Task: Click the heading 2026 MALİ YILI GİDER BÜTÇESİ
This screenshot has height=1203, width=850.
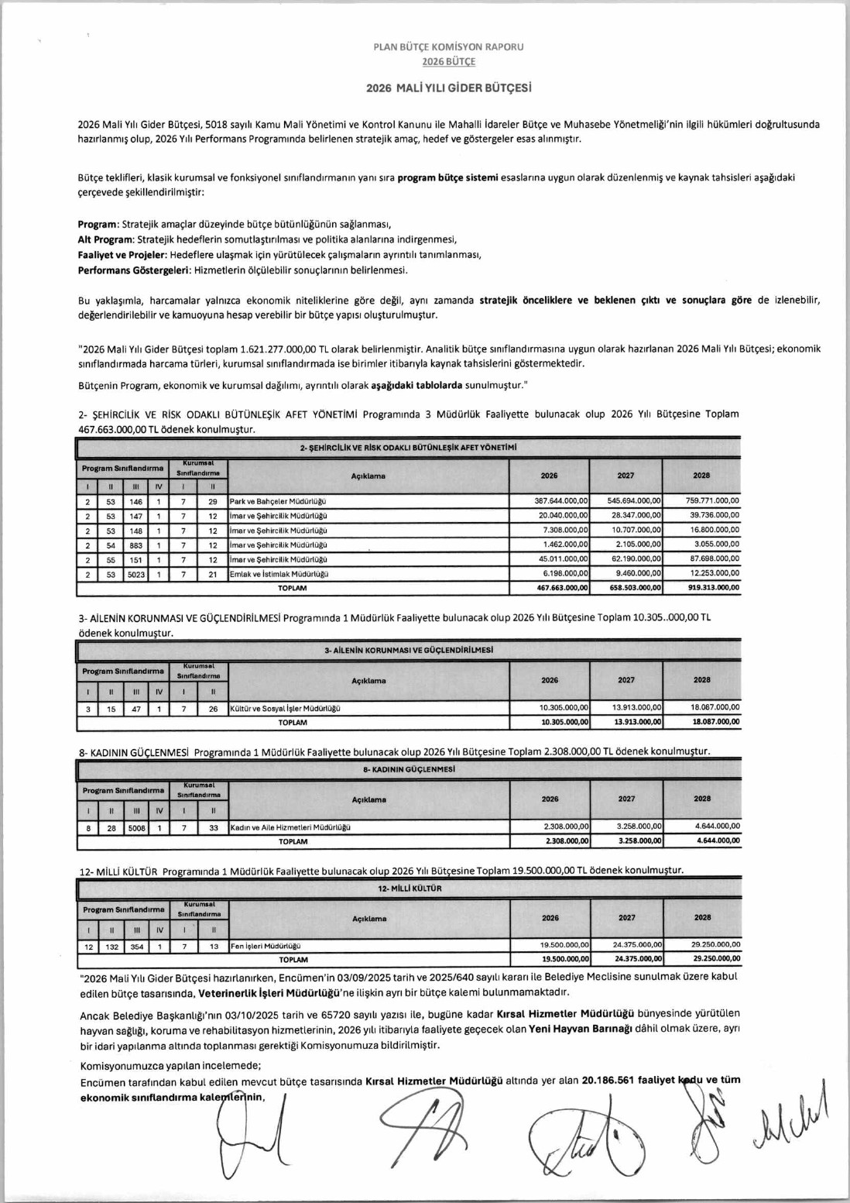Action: [448, 88]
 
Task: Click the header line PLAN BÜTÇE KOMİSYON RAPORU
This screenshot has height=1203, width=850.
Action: [448, 46]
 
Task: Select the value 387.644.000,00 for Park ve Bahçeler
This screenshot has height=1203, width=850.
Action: [561, 502]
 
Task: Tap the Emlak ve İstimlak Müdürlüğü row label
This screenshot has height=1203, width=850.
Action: [279, 574]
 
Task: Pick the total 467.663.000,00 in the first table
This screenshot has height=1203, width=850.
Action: [562, 589]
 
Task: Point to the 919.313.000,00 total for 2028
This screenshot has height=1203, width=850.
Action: [713, 589]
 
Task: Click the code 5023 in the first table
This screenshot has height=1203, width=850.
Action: [136, 574]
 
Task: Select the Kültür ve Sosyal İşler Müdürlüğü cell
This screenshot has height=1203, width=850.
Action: [285, 708]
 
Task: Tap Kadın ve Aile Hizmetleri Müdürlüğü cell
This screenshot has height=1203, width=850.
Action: [290, 827]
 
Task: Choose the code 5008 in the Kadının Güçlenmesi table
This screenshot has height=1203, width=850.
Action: [136, 827]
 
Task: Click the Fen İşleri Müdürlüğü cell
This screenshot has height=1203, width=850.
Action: [266, 946]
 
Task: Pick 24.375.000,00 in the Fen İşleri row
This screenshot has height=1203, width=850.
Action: [637, 945]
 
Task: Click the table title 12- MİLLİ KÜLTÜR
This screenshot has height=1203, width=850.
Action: [410, 889]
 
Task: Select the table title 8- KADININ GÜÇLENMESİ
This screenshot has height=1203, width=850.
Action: [409, 769]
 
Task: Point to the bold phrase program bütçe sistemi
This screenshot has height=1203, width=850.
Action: [448, 177]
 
